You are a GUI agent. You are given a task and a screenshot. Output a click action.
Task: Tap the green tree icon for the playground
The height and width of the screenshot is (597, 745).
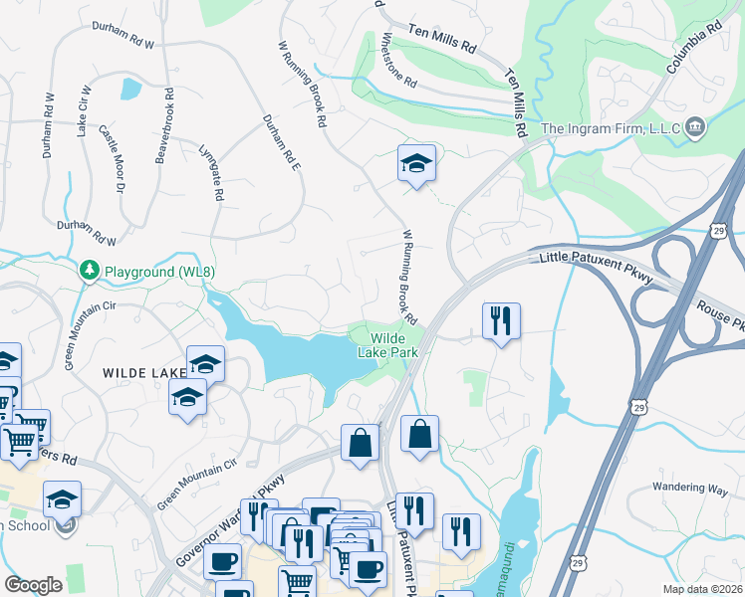89,271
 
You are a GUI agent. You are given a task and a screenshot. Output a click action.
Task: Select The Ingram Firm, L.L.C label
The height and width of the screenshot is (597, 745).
610,127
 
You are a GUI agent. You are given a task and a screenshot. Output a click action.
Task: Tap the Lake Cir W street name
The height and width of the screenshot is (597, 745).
84,110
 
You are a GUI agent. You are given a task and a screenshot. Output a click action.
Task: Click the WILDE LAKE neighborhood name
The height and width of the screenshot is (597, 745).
143,372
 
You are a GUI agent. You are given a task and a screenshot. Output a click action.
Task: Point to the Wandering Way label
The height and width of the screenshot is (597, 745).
690,488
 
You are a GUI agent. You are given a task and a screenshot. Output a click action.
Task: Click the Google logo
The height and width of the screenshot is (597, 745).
34,585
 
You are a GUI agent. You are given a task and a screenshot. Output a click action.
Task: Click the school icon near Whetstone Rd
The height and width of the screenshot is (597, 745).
416,163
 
